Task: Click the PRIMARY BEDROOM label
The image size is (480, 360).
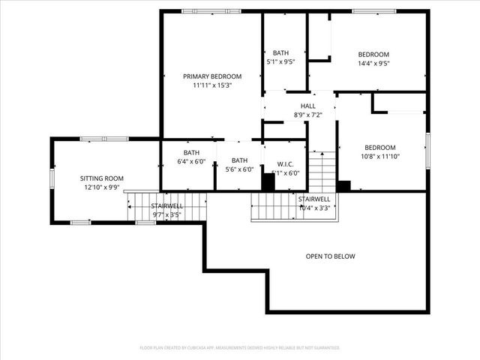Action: tap(212, 76)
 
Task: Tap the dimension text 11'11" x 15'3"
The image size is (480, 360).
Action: tap(212, 85)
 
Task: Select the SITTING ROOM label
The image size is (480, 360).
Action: tap(102, 178)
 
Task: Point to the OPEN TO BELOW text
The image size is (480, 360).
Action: tap(330, 256)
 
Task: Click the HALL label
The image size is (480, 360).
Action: tap(307, 106)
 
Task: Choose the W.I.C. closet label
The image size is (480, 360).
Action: tap(284, 164)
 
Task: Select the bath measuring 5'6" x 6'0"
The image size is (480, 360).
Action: tap(239, 160)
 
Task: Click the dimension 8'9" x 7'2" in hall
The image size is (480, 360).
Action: tap(307, 115)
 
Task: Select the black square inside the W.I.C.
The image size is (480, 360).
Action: tap(268, 181)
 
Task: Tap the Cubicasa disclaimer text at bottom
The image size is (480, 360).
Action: tap(240, 348)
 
